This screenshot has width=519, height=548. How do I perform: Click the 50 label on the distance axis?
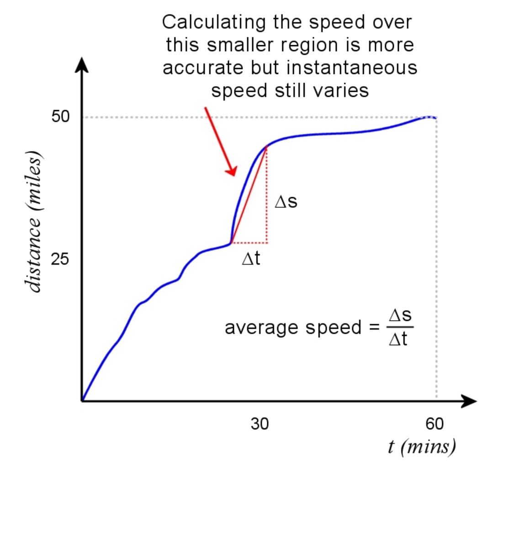[60, 116]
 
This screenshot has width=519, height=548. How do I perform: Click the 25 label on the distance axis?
[60, 259]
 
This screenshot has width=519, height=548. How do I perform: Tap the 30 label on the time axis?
[259, 424]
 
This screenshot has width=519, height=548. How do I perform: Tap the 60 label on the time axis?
[434, 424]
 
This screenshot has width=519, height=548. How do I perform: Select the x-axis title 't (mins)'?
[421, 446]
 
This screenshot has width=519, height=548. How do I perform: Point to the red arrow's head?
[232, 170]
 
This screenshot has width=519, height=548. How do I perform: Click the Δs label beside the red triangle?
[286, 201]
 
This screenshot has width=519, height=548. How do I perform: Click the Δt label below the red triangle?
[251, 259]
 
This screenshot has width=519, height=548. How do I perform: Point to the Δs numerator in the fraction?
[400, 315]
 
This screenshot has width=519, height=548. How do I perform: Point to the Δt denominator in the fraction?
[398, 339]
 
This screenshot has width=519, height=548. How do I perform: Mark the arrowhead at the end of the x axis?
[470, 401]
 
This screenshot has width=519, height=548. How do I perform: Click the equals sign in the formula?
[374, 327]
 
